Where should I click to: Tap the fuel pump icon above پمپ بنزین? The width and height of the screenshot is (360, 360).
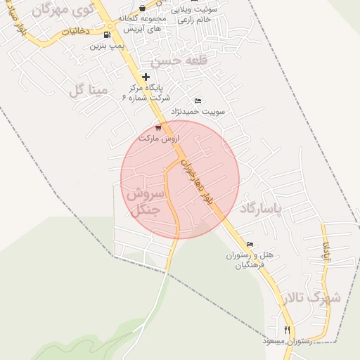(106, 34)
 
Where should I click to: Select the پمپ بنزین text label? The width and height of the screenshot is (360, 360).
(107, 46)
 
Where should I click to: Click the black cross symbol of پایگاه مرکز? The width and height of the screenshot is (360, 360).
(146, 77)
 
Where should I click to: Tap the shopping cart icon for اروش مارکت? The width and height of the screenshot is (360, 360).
(158, 127)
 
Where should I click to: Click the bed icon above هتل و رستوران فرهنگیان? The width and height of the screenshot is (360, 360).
(249, 244)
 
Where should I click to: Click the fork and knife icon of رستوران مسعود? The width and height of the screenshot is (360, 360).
(287, 330)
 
